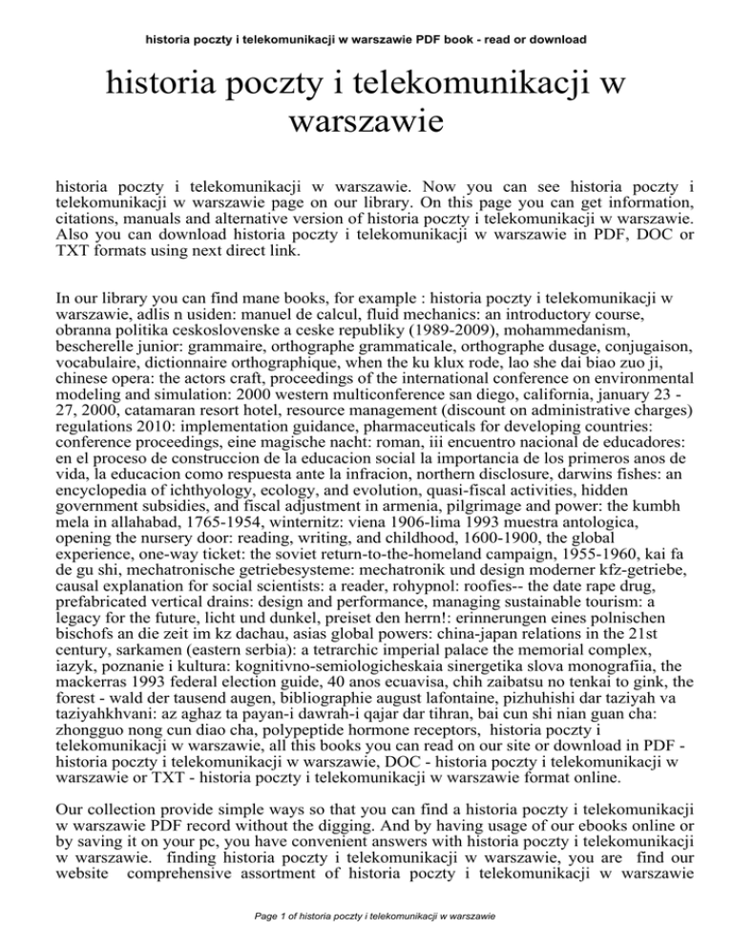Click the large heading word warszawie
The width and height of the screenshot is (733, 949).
click(x=366, y=122)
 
